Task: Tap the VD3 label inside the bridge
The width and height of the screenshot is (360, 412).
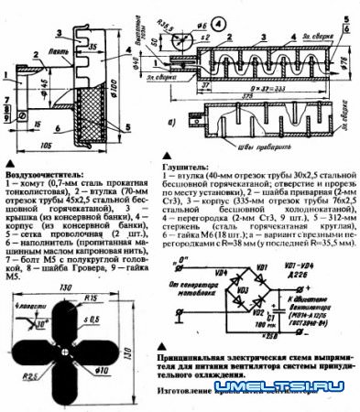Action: (x=243, y=291)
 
